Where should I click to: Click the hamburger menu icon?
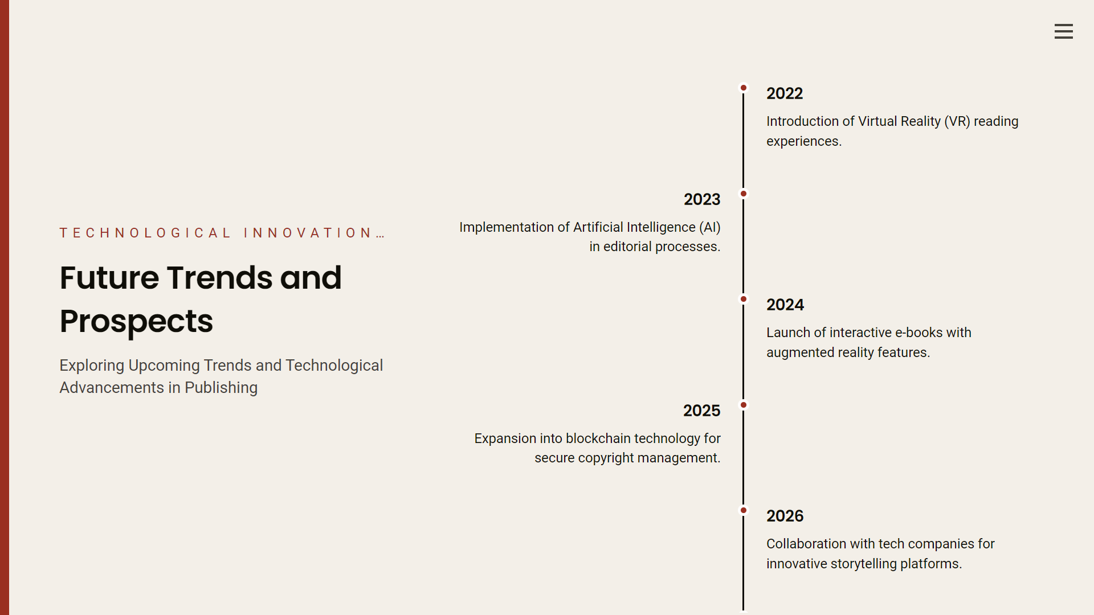point(1063,31)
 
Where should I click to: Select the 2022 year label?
point(785,93)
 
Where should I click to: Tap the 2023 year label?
point(702,199)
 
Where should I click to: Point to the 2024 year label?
point(785,305)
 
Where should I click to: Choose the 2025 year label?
point(702,411)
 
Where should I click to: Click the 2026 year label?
point(785,516)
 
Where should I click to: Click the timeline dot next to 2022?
point(744,88)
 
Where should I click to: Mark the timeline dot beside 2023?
point(744,194)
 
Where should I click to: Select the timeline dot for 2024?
point(744,299)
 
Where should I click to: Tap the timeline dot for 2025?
point(744,405)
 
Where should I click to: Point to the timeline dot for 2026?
point(744,510)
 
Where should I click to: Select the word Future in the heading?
point(109,278)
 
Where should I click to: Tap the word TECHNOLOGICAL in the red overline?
point(145,233)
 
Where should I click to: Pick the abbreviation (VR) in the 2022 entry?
point(957,121)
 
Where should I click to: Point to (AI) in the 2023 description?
point(710,227)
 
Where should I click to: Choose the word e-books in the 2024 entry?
point(916,333)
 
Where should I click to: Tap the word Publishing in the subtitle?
point(221,388)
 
